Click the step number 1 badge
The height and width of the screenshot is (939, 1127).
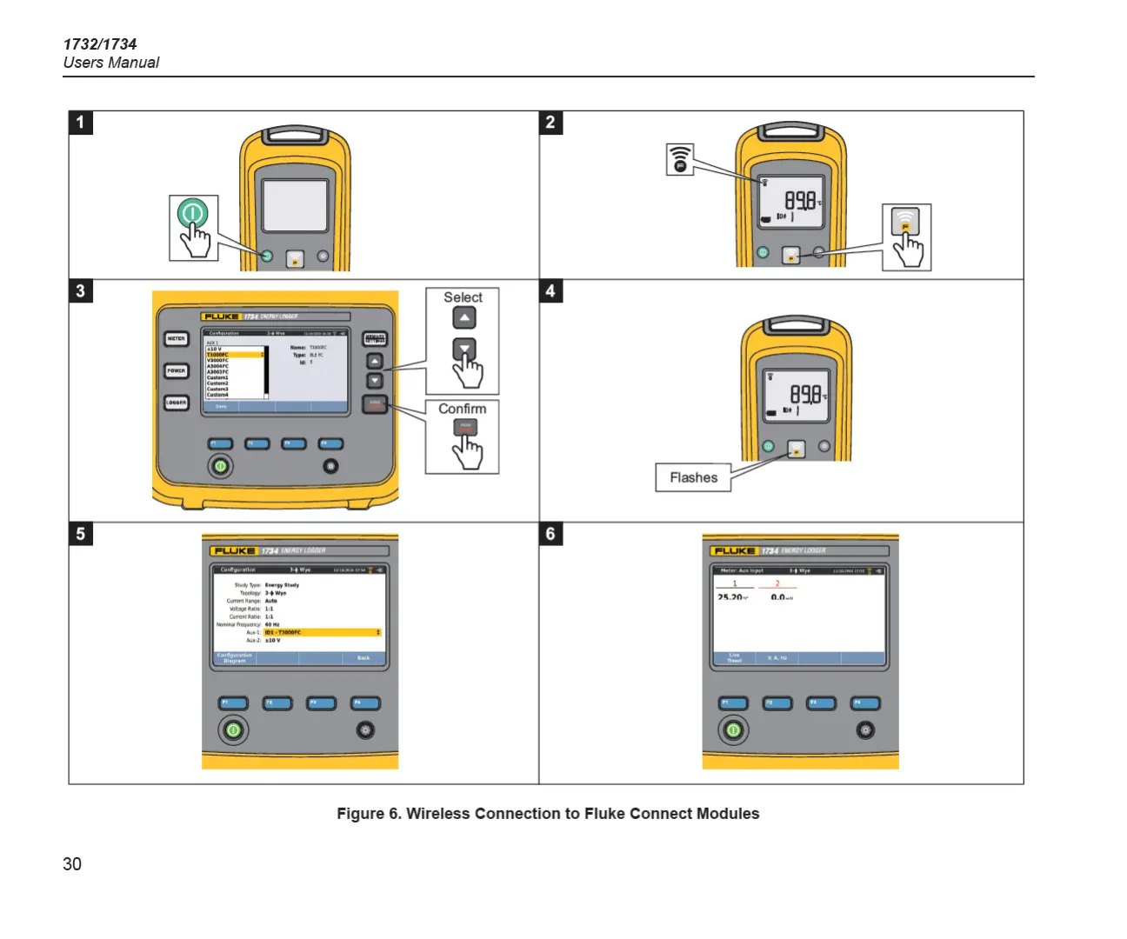[x=81, y=122]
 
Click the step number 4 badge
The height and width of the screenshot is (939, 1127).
[x=550, y=290]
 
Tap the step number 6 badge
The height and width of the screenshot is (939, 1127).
[x=550, y=533]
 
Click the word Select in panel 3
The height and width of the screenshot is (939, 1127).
[x=463, y=297]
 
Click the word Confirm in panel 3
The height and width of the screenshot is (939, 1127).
[x=462, y=409]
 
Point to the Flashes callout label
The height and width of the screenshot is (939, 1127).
[x=693, y=477]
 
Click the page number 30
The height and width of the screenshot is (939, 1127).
[x=72, y=863]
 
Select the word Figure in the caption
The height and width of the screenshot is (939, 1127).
[x=360, y=814]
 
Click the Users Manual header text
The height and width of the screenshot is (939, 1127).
[x=111, y=63]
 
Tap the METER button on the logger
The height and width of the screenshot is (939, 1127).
[x=177, y=339]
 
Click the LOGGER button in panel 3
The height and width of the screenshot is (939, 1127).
[x=177, y=403]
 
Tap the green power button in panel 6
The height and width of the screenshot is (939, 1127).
[x=733, y=730]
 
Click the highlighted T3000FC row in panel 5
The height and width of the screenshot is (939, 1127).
[x=322, y=632]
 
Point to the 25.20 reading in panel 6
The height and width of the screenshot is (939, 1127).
[x=731, y=597]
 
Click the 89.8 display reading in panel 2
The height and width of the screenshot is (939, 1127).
[x=800, y=201]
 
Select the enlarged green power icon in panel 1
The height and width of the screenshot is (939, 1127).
[x=192, y=213]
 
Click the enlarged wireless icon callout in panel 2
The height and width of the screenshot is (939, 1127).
[x=680, y=159]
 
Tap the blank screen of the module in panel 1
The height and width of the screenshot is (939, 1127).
[x=295, y=205]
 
